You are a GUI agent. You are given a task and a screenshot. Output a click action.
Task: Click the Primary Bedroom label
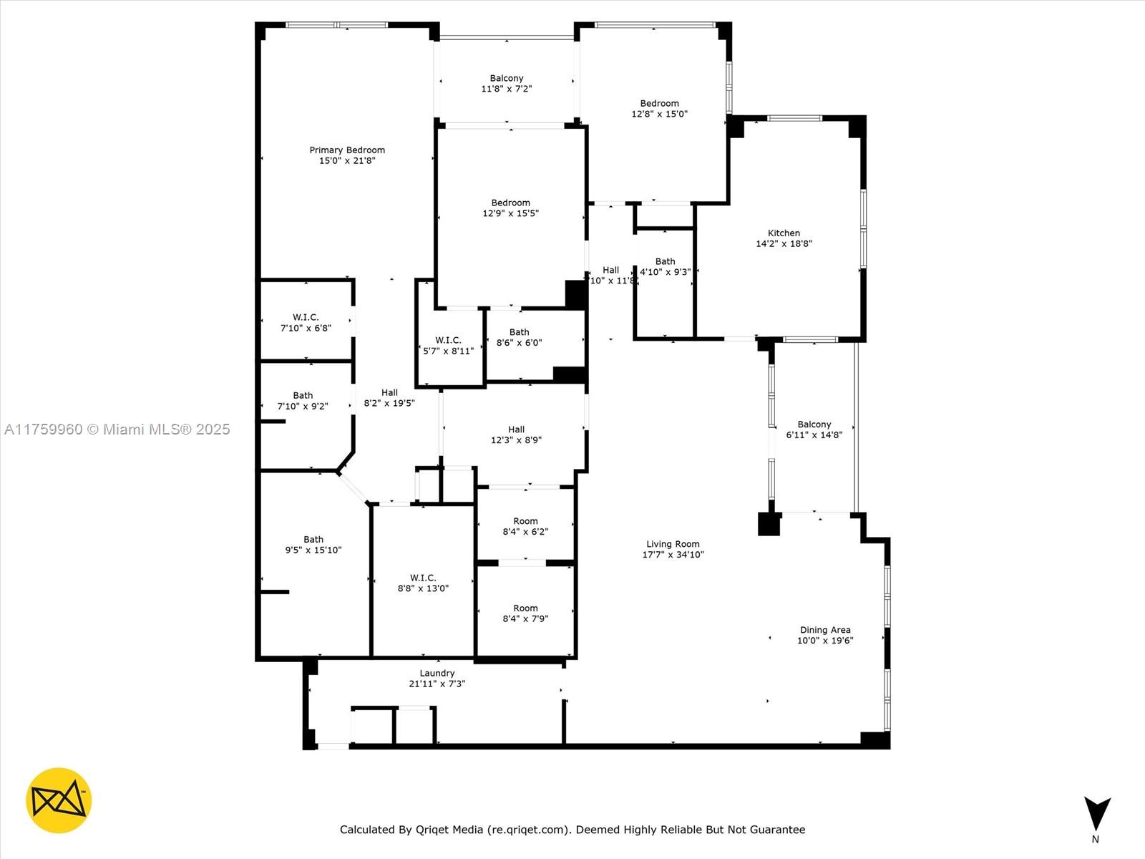(x=347, y=150)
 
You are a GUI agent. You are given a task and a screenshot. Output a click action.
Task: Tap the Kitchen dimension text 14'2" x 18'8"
(x=784, y=243)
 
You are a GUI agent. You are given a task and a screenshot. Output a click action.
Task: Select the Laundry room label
(x=437, y=673)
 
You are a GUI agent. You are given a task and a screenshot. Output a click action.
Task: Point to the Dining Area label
(x=824, y=630)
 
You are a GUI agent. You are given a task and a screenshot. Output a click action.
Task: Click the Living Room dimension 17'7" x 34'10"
(x=673, y=555)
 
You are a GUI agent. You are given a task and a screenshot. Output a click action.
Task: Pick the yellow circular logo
(x=59, y=800)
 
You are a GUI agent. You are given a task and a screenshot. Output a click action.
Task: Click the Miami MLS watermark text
(x=117, y=429)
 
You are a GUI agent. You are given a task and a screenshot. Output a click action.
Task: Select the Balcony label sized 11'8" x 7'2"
(x=506, y=78)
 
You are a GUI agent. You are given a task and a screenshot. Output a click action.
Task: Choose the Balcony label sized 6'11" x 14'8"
(x=814, y=424)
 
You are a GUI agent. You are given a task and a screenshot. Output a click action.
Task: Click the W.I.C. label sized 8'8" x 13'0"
(x=422, y=578)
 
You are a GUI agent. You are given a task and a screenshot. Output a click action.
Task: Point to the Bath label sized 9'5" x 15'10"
(x=313, y=540)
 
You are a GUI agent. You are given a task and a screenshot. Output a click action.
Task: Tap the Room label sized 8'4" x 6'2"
(x=525, y=521)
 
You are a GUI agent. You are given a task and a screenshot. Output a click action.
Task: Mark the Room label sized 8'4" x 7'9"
(x=525, y=608)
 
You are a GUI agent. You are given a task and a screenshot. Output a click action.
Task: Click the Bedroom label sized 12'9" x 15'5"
(x=510, y=203)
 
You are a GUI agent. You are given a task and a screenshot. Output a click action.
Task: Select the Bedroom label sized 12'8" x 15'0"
(x=659, y=103)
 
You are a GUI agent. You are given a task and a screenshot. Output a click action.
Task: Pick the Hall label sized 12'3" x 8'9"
(x=516, y=429)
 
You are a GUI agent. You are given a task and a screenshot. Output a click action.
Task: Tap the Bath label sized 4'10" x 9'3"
(x=665, y=261)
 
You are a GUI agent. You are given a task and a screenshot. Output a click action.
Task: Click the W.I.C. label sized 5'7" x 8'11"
(x=448, y=340)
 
